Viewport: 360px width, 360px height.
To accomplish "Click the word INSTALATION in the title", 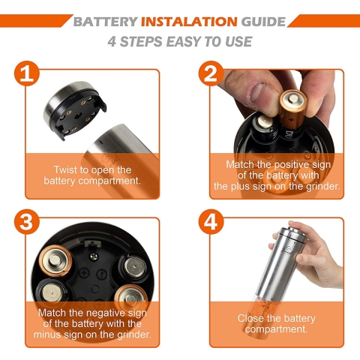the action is point(189,22).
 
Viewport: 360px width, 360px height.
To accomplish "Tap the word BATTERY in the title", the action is point(106,22).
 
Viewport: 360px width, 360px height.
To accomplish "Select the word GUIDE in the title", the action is point(263,22).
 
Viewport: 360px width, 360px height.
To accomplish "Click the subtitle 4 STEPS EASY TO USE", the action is point(180,41).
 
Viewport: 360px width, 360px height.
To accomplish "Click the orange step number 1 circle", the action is point(27,73).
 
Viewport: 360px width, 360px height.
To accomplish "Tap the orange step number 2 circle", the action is point(211,73).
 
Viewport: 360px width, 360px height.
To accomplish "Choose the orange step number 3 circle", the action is point(27,221).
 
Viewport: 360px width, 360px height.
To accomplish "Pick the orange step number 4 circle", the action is point(211,221).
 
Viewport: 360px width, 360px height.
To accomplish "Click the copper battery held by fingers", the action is point(292,110).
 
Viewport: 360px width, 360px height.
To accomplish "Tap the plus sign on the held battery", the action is point(291,119).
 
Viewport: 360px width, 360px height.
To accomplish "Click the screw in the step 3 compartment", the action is point(94,256).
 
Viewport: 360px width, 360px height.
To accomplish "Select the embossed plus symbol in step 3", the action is point(84,273).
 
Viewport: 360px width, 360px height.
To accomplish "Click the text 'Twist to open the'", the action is point(92,170).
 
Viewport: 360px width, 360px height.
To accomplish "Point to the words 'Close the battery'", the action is point(277,319).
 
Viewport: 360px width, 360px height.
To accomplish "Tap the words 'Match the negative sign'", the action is point(92,313).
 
